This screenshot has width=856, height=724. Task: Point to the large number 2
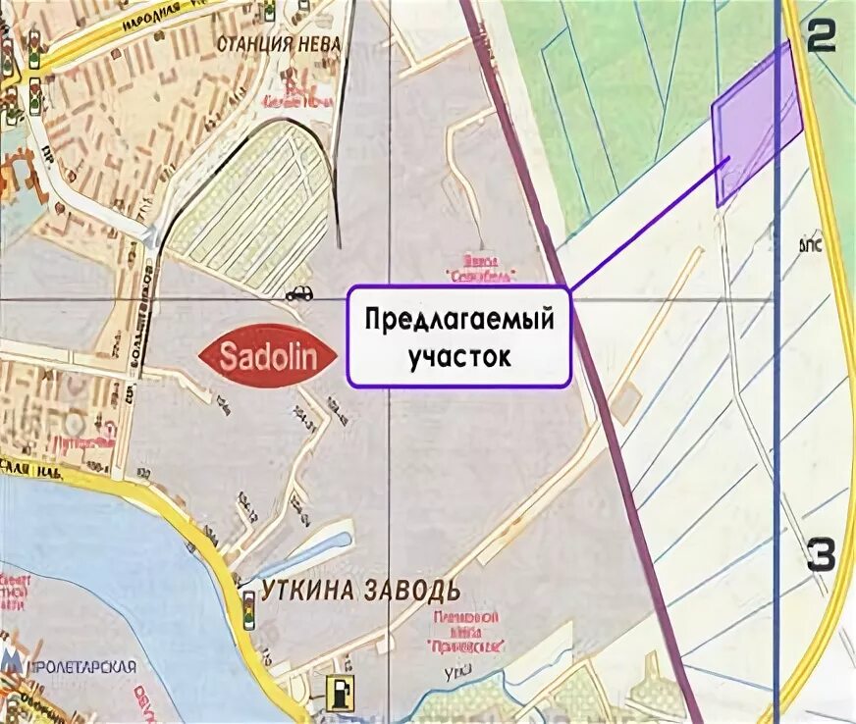tap(820, 36)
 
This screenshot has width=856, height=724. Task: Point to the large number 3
tap(821, 555)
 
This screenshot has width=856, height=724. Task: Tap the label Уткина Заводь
tap(360, 591)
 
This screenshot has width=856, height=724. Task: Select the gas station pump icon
tap(338, 691)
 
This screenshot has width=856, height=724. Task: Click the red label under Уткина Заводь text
tap(467, 632)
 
